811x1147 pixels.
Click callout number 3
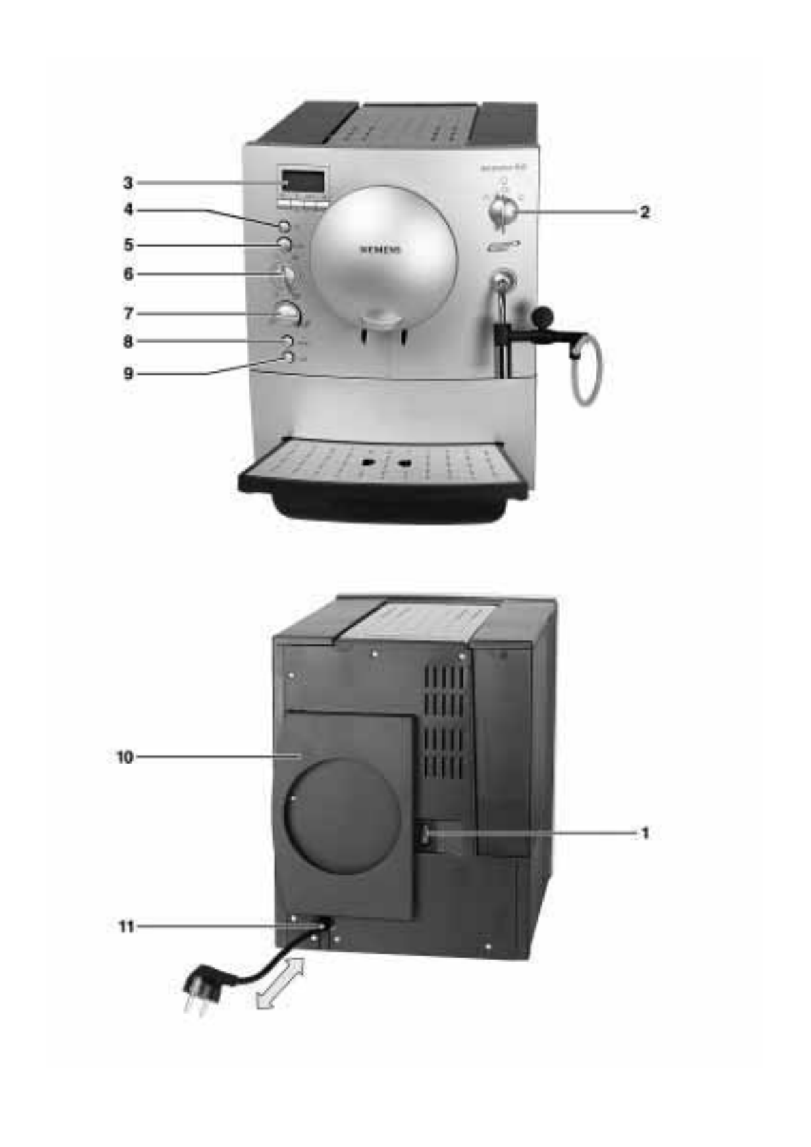[x=128, y=183]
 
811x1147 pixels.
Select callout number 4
[x=128, y=210]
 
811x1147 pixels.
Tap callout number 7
[x=128, y=313]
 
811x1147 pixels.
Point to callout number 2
[x=644, y=212]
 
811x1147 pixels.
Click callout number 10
[x=125, y=757]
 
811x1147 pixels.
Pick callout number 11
[x=126, y=926]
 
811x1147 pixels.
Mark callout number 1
[x=645, y=832]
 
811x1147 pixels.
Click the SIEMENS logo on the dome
[x=381, y=249]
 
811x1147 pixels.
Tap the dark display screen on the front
[x=303, y=181]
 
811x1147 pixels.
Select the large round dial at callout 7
[x=288, y=313]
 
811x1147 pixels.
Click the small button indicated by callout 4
[x=284, y=226]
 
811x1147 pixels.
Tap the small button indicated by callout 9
[x=288, y=357]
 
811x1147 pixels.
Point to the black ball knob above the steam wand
[x=543, y=315]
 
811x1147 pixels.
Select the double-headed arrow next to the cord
[x=280, y=981]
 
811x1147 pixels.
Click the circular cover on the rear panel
[x=343, y=816]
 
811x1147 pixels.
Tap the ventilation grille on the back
[x=444, y=721]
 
